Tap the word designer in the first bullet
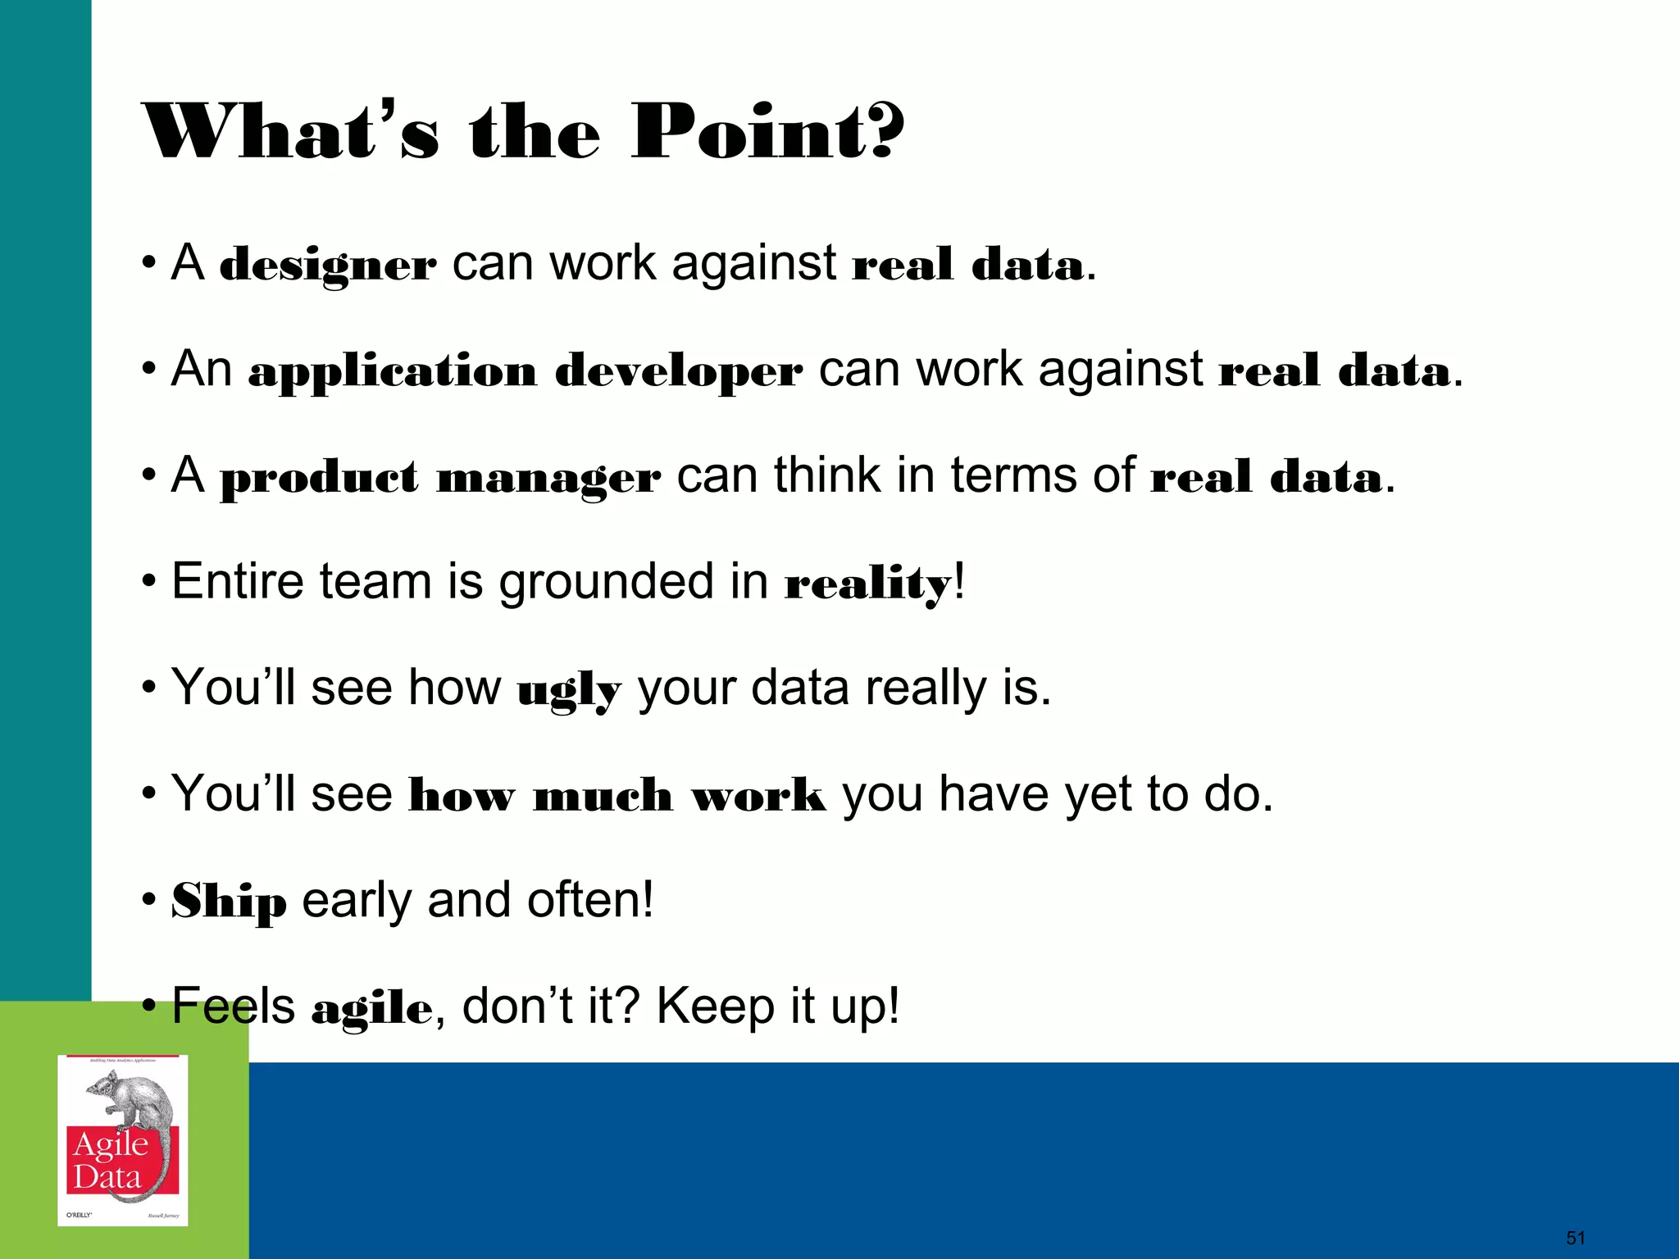point(328,266)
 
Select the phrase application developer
point(525,371)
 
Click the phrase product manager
point(440,478)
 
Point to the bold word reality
point(867,584)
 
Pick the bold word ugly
point(569,690)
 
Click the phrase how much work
point(617,796)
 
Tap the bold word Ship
point(229,902)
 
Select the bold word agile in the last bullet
point(371,1008)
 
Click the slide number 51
point(1576,1238)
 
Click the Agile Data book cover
point(123,1140)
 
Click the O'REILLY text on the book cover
point(79,1215)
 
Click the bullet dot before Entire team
point(148,583)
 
